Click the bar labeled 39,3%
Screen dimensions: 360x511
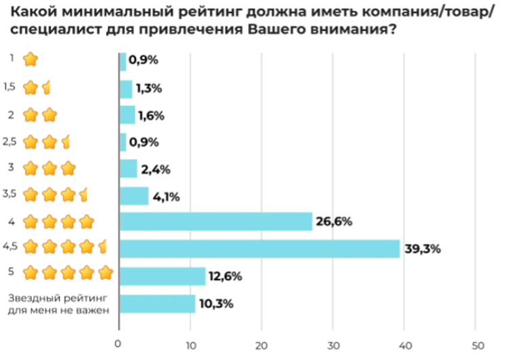pyautogui.click(x=260, y=249)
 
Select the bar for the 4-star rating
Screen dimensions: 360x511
pyautogui.click(x=215, y=221)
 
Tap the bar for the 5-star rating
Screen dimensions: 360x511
pyautogui.click(x=162, y=276)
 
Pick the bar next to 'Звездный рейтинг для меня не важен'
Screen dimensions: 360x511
pyautogui.click(x=158, y=304)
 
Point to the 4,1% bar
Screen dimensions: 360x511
pyautogui.click(x=134, y=196)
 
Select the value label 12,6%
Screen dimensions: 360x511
pyautogui.click(x=224, y=276)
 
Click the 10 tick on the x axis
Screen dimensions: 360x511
pyautogui.click(x=190, y=343)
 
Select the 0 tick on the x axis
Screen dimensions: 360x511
pyautogui.click(x=119, y=343)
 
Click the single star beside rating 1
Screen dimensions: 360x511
pyautogui.click(x=31, y=60)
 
